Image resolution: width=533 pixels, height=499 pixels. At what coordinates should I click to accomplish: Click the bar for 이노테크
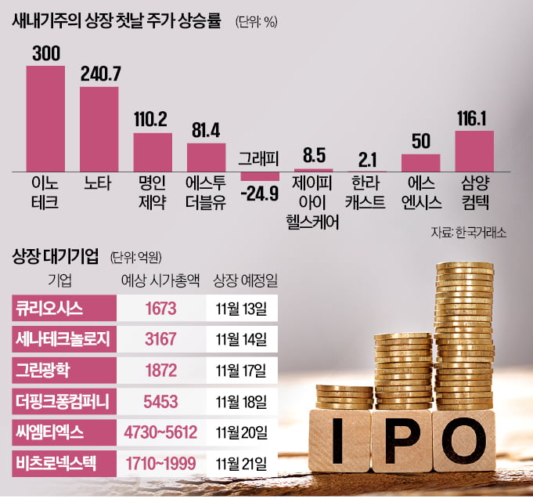click(45, 118)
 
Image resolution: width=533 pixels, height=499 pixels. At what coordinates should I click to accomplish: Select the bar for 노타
click(99, 128)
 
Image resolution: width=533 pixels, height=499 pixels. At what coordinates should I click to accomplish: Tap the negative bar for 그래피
click(259, 176)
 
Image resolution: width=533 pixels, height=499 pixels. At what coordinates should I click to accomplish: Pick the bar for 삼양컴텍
click(474, 151)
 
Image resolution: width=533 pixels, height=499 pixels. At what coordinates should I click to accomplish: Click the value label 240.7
click(99, 74)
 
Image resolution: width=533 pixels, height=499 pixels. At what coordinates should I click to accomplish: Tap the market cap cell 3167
click(160, 338)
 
